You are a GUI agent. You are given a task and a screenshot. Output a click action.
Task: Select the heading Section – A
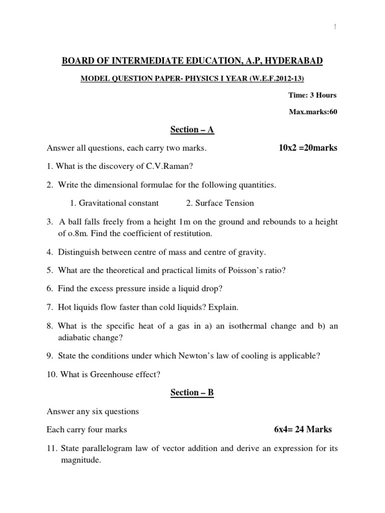click(x=192, y=130)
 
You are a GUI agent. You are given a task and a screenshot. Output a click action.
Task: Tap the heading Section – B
click(x=192, y=393)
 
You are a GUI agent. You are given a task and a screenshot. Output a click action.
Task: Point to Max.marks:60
click(x=313, y=112)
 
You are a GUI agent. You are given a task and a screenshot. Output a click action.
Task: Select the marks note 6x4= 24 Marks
click(x=303, y=429)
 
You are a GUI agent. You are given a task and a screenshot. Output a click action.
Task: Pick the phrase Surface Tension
click(x=225, y=203)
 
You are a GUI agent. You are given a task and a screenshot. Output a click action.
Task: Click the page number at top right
click(x=333, y=29)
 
